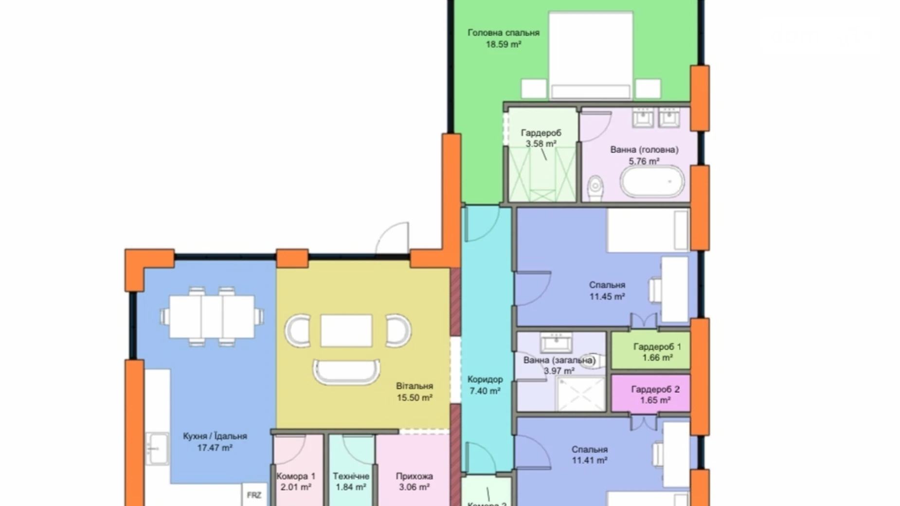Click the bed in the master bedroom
591,54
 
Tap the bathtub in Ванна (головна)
651,182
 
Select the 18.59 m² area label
504,44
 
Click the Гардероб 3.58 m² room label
540,138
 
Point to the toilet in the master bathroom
595,187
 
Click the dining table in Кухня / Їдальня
212,317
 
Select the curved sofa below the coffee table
346,372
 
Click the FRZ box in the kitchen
254,495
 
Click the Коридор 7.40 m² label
485,385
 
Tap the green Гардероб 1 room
650,351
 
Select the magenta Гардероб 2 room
650,394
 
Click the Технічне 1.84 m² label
351,481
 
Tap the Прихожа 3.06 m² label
414,481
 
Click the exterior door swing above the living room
393,238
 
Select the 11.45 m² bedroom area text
607,296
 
